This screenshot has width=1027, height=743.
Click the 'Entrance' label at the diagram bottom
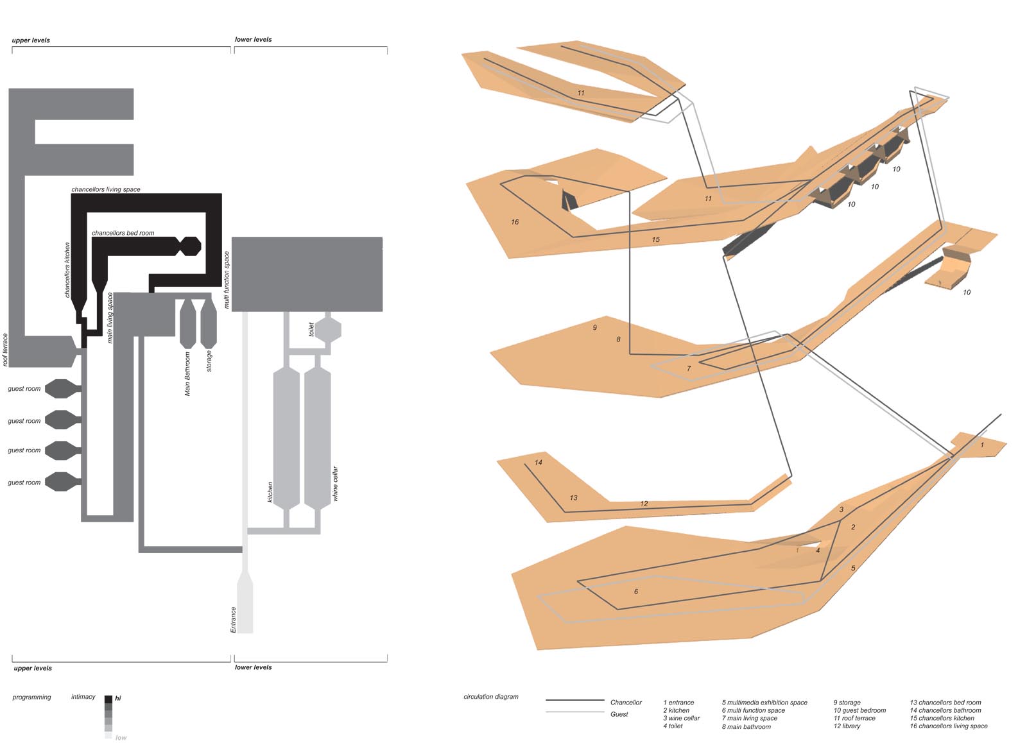coord(233,619)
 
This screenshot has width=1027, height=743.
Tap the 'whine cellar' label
coord(335,484)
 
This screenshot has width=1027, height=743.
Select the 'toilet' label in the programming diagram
coord(311,329)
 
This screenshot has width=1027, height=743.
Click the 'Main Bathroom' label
coord(187,373)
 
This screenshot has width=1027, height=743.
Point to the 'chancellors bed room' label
coord(123,233)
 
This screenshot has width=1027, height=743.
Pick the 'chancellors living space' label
coord(106,189)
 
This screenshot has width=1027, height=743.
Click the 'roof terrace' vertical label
coord(5,350)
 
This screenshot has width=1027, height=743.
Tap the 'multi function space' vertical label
coord(226,279)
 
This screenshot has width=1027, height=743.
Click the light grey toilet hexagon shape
coord(328,330)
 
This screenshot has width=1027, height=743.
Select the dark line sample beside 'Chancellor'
coord(574,700)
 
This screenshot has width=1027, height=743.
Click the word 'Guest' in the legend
coord(619,714)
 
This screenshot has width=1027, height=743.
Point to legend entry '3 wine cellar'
coord(681,718)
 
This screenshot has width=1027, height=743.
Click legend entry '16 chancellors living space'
coord(948,726)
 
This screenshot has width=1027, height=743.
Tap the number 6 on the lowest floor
coord(636,592)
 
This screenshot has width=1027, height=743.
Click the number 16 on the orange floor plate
coord(515,222)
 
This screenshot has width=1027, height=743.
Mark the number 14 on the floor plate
coord(538,462)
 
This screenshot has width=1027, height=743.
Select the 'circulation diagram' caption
coord(490,697)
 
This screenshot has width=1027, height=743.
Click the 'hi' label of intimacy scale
coord(118,698)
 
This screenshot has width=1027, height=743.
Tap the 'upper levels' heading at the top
coord(31,40)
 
